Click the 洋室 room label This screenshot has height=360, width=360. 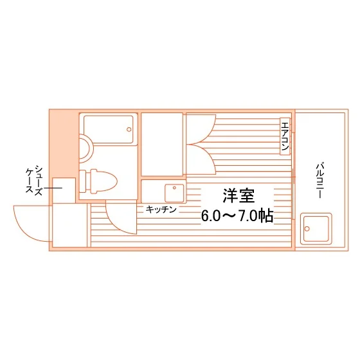click(x=239, y=195)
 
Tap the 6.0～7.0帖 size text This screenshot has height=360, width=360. click(x=237, y=216)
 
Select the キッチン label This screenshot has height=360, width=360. click(x=161, y=210)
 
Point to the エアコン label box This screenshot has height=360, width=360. click(x=285, y=136)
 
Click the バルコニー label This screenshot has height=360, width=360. click(x=320, y=181)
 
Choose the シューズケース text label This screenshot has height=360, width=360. click(x=34, y=180)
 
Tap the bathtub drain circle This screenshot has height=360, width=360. click(x=129, y=129)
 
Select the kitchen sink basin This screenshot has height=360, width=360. click(x=174, y=193)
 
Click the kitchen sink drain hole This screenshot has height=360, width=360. click(x=174, y=188)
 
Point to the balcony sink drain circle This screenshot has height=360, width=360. click(x=307, y=229)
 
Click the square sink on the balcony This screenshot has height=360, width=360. click(x=316, y=228)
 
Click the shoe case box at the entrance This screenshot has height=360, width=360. click(x=64, y=190)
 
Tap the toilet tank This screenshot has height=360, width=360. click(x=82, y=181)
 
